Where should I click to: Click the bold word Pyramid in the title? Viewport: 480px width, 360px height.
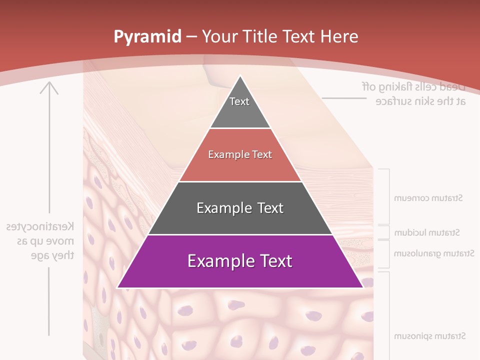pos(147,37)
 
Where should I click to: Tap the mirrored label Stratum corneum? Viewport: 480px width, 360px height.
pos(428,198)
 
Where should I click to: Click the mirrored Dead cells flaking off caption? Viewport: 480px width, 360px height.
pos(413,93)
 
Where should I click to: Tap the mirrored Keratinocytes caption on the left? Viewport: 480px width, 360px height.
pos(40,241)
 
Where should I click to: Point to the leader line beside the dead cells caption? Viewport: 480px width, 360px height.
pos(344,98)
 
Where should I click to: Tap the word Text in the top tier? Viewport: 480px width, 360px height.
pos(239,101)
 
